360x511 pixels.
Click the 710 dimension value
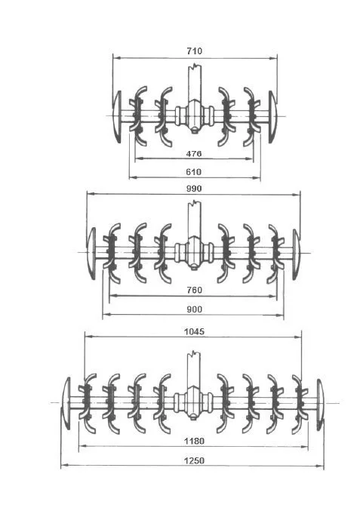[x=194, y=51]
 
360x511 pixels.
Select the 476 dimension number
[x=194, y=153]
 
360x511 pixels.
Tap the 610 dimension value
[x=194, y=172]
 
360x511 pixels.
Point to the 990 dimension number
[x=194, y=189]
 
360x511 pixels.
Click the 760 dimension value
[x=194, y=290]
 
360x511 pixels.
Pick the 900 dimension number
[x=194, y=309]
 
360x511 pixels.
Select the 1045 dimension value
[x=195, y=331]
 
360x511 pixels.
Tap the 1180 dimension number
[x=194, y=441]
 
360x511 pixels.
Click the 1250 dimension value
[x=194, y=460]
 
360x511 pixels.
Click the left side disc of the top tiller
[x=117, y=116]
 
